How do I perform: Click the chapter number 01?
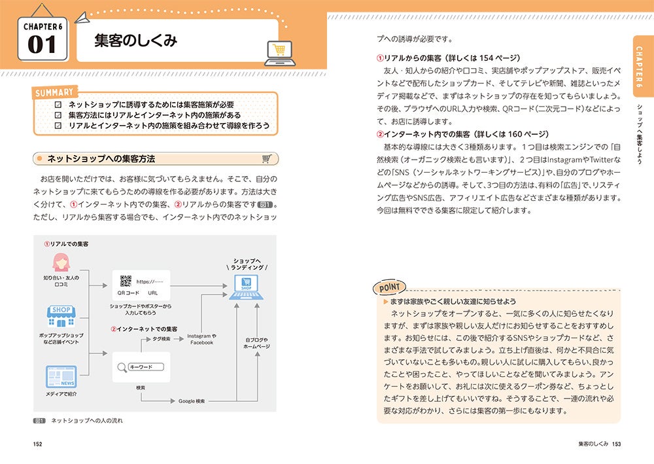point(43,45)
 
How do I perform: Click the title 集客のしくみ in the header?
point(136,41)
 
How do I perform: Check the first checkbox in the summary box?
point(58,105)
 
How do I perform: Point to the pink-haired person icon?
point(61,262)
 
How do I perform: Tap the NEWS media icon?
point(61,378)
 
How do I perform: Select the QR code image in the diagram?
point(126,281)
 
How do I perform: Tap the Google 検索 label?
point(192,401)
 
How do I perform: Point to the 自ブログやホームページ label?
point(256,343)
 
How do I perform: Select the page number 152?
point(38,444)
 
